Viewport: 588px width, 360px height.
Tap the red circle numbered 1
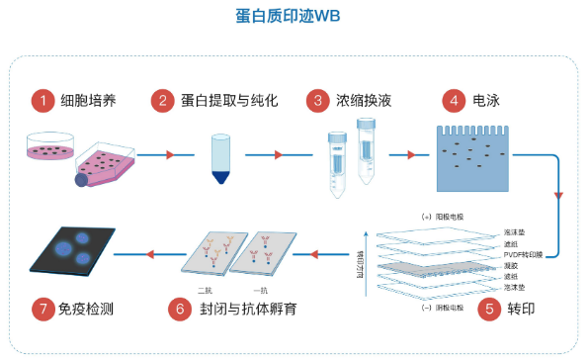tap(41, 100)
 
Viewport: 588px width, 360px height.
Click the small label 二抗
tap(206, 289)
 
